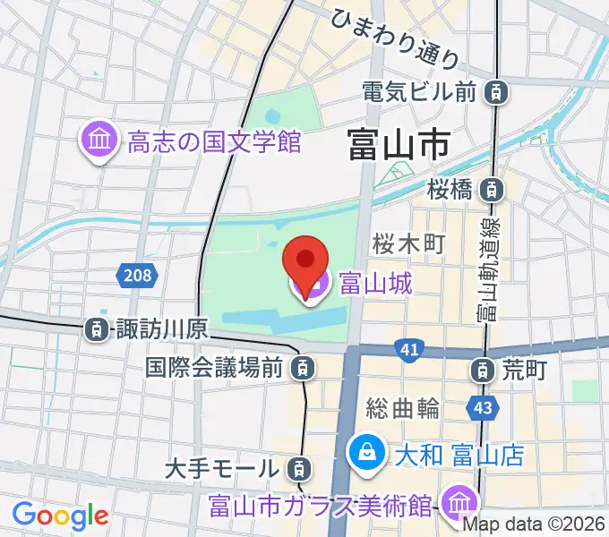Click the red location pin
pos(304,260)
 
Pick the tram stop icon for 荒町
pos(484,369)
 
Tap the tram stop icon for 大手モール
pos(300,466)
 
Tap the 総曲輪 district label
pos(403,408)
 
